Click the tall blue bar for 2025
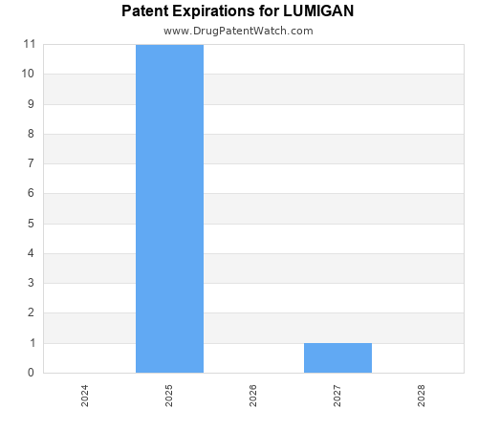click(x=169, y=208)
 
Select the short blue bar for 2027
click(x=337, y=357)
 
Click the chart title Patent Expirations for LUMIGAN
click(x=238, y=11)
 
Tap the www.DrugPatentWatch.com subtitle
click(x=238, y=31)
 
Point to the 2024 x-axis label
click(x=85, y=396)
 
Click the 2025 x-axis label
click(x=169, y=396)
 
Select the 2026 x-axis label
click(x=253, y=396)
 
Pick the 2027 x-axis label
click(x=337, y=396)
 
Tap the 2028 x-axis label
click(x=422, y=396)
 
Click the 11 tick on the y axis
click(x=30, y=44)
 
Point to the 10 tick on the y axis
click(x=30, y=74)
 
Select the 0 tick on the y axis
click(x=33, y=373)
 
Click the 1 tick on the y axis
click(x=33, y=343)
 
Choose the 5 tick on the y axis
click(x=33, y=224)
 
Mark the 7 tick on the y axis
click(x=33, y=163)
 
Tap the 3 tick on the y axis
click(x=33, y=283)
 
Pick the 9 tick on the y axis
click(x=33, y=104)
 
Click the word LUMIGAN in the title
click(x=318, y=11)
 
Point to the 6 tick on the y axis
click(x=33, y=193)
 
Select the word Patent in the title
click(x=145, y=11)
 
